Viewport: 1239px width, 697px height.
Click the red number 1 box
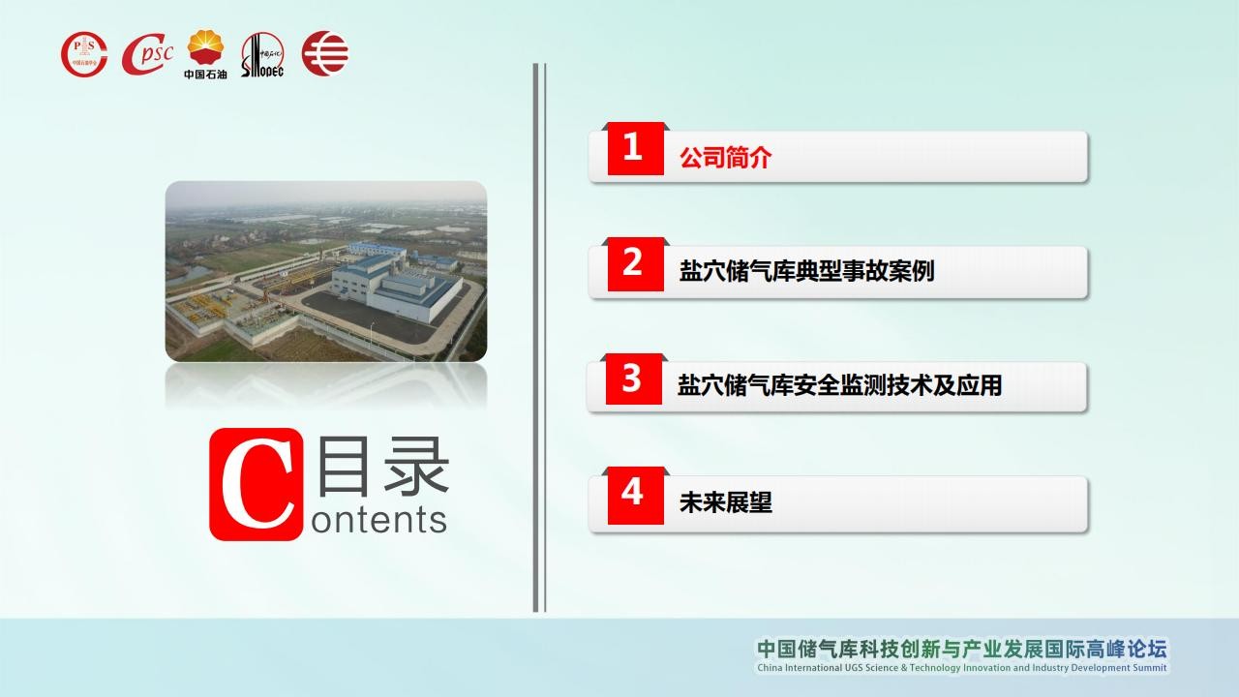click(636, 148)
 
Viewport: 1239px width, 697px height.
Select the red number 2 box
click(636, 264)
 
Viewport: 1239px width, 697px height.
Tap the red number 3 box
click(634, 379)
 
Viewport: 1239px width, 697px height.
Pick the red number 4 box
click(636, 495)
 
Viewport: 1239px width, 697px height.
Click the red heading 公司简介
click(725, 158)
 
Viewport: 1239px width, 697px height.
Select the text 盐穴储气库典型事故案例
click(806, 271)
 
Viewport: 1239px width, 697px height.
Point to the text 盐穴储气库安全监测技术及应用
click(839, 385)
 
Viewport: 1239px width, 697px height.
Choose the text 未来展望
click(725, 502)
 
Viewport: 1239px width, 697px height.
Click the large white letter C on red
click(257, 485)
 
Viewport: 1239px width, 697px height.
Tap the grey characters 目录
click(383, 466)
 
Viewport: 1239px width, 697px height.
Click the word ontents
click(378, 521)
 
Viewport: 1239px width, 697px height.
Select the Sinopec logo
click(262, 54)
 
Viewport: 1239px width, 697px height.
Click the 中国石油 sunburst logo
click(205, 54)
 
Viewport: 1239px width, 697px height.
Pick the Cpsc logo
click(147, 54)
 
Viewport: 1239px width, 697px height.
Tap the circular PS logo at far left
click(84, 54)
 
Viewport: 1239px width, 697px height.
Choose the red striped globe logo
click(325, 53)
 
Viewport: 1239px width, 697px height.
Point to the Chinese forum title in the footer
click(962, 649)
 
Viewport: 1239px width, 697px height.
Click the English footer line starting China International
click(962, 668)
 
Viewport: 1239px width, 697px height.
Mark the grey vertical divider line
click(535, 338)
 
